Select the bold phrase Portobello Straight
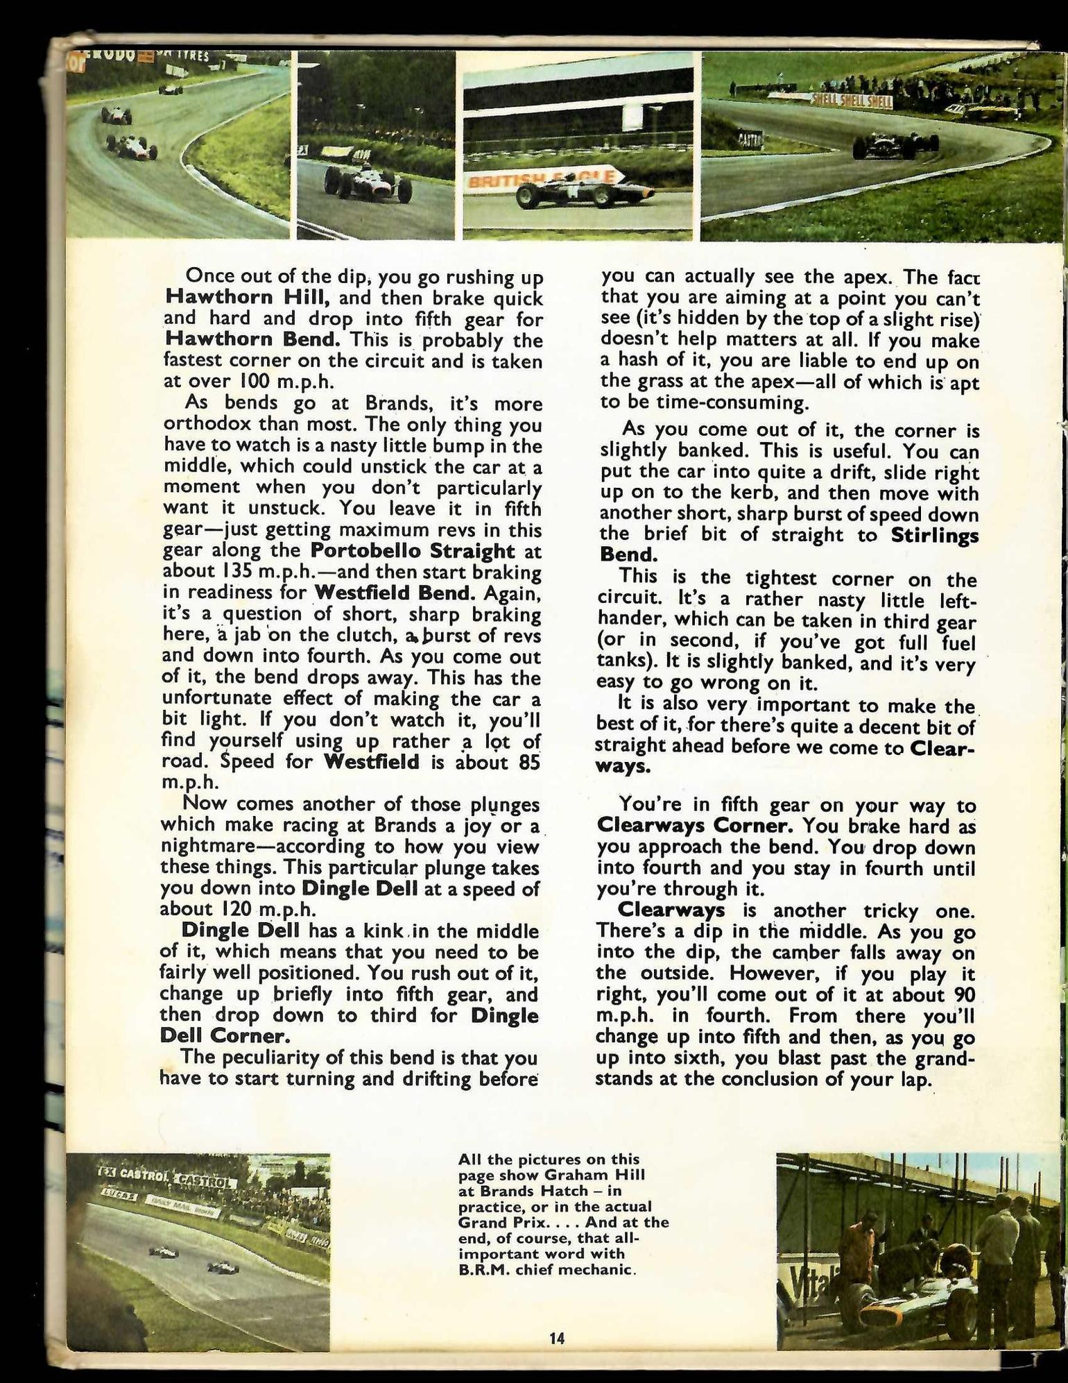point(413,551)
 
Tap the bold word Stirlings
point(935,535)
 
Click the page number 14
point(557,1339)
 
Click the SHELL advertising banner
point(852,101)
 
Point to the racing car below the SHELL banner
point(895,146)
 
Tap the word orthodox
point(207,424)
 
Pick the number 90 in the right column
point(965,994)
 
